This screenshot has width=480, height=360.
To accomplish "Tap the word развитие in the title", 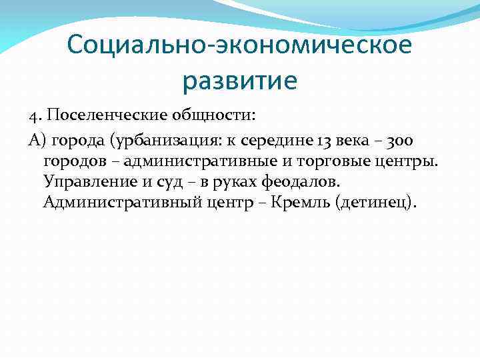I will [x=239, y=81].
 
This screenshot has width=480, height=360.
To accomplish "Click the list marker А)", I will [x=36, y=140].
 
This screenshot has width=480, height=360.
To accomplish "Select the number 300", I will [x=427, y=140].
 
